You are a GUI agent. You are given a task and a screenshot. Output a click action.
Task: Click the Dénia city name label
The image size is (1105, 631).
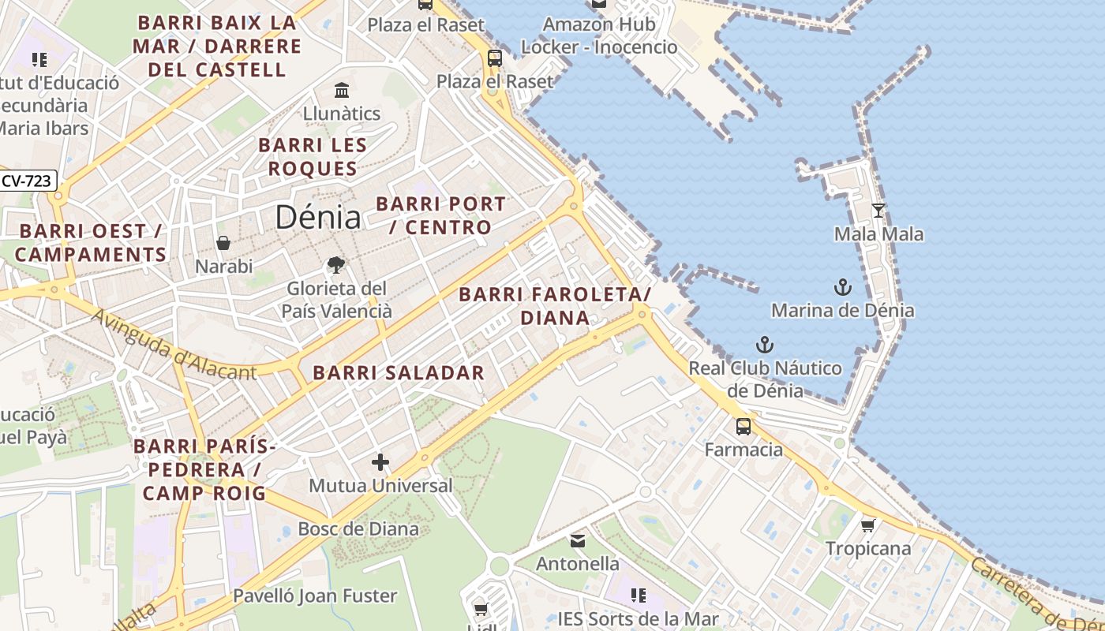pos(318,218)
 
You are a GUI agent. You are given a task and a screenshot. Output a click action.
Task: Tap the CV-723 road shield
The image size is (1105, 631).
pos(26,181)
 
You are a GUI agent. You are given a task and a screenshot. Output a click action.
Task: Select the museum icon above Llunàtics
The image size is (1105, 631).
pos(342,90)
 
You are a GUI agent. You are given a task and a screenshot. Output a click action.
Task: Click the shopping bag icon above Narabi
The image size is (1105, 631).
pos(223,243)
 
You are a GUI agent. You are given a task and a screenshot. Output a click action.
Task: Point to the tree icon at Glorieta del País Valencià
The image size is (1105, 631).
pos(336,264)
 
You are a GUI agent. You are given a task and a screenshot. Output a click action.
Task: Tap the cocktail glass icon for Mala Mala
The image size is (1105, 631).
pos(878,211)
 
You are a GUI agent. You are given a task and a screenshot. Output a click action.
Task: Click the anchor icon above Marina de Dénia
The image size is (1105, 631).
pos(842,286)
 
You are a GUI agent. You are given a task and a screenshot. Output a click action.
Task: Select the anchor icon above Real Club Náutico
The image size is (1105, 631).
pos(764,345)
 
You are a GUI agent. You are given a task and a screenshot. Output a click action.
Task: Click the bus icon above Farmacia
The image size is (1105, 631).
pos(744,427)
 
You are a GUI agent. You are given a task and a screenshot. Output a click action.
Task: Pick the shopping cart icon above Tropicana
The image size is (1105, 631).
pos(867,525)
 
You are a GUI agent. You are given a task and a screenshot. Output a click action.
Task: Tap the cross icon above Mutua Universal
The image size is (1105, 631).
pos(380,462)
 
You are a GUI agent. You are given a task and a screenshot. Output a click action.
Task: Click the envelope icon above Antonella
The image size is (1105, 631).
pos(578,540)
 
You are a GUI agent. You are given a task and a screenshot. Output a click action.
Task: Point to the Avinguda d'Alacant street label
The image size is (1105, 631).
pos(174,345)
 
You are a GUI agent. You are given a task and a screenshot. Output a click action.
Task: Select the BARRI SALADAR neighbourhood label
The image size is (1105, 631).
pos(399,373)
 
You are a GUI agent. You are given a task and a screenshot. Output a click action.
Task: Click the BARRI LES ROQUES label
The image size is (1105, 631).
pos(313,157)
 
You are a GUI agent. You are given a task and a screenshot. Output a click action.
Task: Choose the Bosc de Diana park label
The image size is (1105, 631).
pos(358,528)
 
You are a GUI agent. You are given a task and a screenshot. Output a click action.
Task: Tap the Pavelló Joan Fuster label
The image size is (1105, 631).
pos(315,596)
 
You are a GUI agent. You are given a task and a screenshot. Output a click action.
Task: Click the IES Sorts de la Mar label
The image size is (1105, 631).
pos(639,618)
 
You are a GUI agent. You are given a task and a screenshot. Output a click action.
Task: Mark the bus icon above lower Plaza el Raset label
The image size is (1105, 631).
pos(495,58)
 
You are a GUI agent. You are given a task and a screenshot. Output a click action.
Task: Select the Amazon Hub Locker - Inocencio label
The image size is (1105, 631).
pos(599,35)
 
